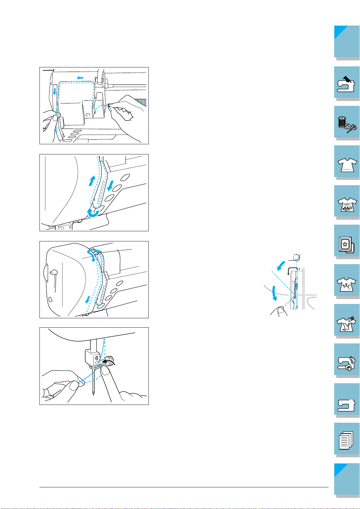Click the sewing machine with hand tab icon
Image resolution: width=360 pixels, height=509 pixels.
(x=346, y=84)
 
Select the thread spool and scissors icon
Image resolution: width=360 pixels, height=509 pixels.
(x=347, y=124)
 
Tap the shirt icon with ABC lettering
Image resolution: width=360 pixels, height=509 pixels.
(x=347, y=204)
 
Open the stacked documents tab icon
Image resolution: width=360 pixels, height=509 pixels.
(x=346, y=440)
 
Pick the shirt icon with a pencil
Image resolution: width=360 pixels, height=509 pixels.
(x=346, y=324)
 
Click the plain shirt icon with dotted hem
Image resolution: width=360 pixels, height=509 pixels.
(x=347, y=165)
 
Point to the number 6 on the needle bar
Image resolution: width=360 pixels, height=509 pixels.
(x=96, y=358)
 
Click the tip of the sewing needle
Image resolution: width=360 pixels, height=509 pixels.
(x=93, y=395)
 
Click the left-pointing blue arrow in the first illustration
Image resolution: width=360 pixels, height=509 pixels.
(x=80, y=78)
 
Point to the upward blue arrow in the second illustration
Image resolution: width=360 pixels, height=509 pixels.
(x=92, y=181)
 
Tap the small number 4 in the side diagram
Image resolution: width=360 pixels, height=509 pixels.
(x=299, y=269)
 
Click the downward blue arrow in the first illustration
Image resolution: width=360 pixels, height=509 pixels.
(x=54, y=91)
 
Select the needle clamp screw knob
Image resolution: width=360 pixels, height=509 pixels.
(x=111, y=361)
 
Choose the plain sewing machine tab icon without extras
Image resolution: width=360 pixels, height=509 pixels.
(x=346, y=406)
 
